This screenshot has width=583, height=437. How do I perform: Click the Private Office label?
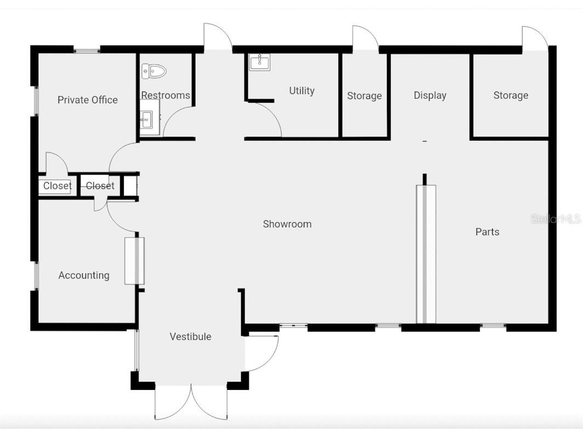88,100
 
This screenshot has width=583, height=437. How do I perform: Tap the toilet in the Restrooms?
154,71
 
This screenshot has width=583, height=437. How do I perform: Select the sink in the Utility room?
259,62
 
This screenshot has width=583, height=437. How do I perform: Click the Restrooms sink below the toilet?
146,119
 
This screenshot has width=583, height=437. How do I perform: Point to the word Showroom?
287,224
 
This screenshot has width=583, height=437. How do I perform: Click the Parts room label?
487,232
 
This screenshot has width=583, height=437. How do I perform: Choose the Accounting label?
84,275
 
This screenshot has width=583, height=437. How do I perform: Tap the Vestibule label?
190,337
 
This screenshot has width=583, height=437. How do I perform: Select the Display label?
430,95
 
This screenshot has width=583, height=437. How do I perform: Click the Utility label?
302,91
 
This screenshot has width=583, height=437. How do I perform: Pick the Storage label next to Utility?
364,96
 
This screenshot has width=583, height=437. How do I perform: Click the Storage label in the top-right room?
511,95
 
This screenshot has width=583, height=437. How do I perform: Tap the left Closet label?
58,186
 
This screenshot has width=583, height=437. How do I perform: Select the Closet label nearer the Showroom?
100,186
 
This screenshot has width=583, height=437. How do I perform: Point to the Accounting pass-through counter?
134,261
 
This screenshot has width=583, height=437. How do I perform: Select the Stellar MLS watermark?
555,219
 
